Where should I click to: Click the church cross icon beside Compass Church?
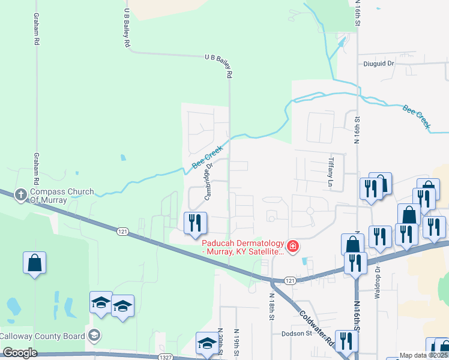point(20,194)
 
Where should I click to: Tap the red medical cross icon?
point(292,246)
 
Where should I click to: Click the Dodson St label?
point(297,334)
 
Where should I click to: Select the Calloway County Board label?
point(42,336)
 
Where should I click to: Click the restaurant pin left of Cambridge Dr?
point(195,223)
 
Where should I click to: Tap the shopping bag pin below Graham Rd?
point(35,262)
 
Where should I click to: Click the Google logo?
point(20,353)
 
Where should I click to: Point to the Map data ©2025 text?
point(424,356)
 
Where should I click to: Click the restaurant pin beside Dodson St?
point(346,341)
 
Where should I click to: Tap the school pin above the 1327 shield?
point(207,343)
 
